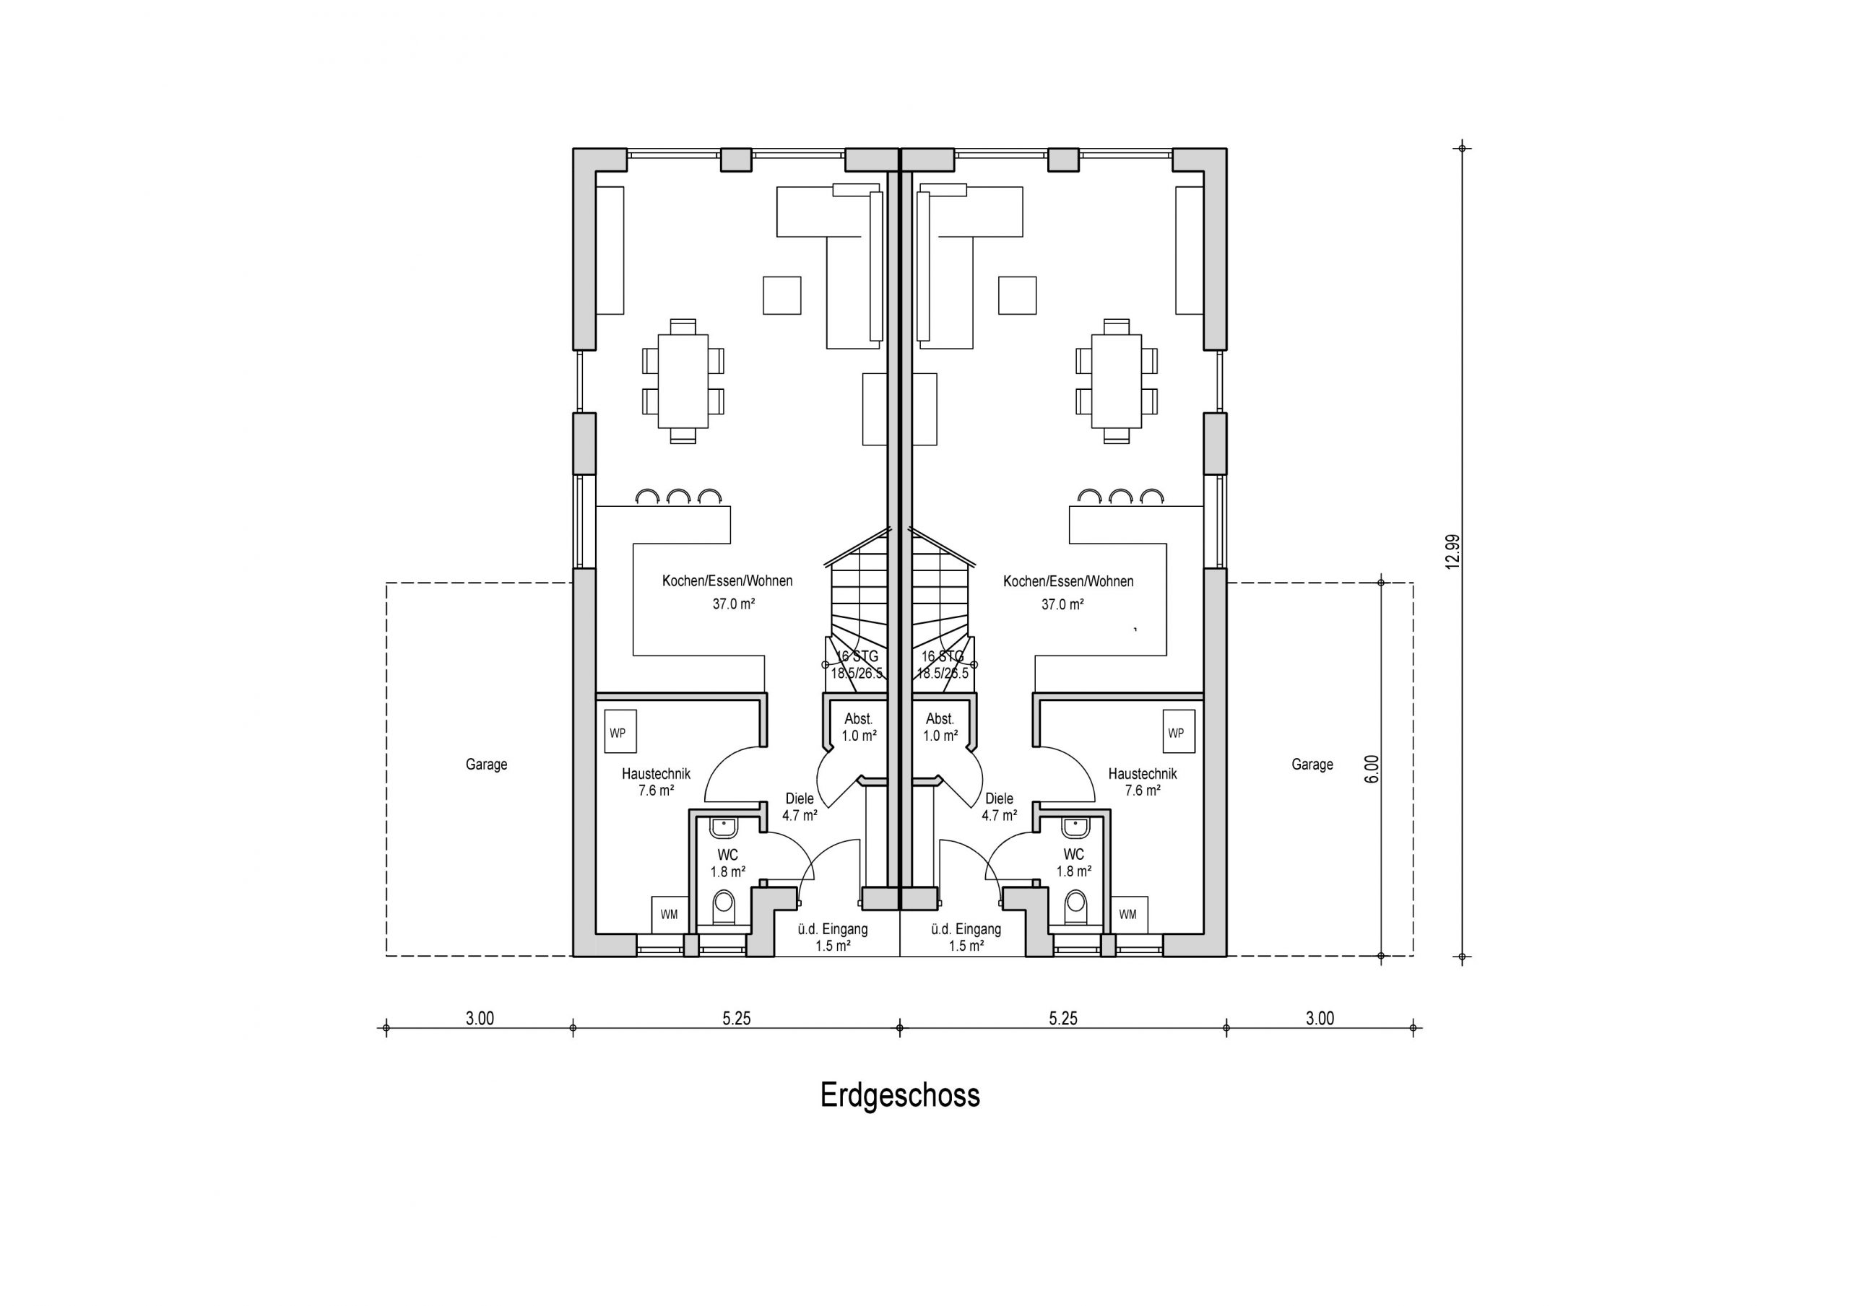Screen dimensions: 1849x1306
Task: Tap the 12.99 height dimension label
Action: coord(1452,552)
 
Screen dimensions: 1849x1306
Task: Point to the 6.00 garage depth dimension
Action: coord(1372,768)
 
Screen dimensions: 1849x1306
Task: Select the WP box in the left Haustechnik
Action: coord(620,732)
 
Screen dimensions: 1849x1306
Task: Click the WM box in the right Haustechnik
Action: coord(1127,915)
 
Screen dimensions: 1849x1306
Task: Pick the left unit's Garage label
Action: coord(486,764)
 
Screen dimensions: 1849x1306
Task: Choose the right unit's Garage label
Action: coord(1312,764)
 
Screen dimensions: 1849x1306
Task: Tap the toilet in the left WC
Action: coord(724,907)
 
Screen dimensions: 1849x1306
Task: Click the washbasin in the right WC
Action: coord(1074,827)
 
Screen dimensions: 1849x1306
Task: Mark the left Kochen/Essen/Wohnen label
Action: coord(727,580)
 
